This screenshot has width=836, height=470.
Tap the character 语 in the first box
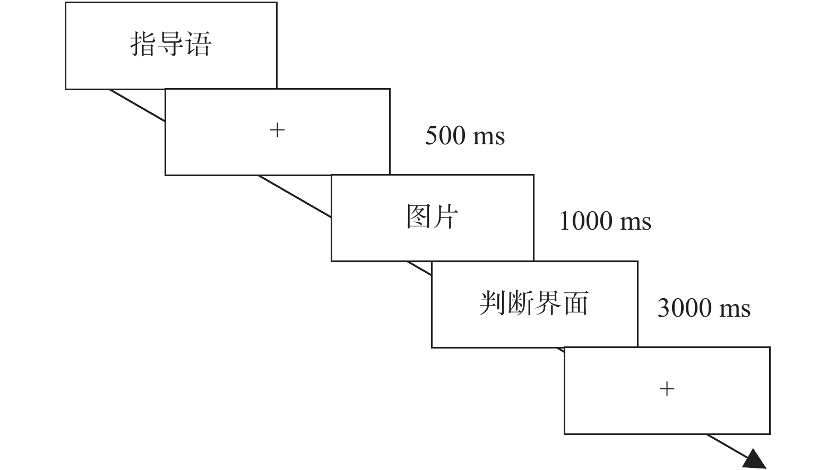[199, 44]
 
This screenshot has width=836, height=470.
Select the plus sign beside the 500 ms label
[278, 130]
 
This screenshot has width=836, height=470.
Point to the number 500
[445, 135]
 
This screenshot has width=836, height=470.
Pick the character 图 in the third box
[418, 216]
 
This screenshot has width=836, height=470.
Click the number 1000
[585, 221]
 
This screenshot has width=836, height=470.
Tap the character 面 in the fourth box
[575, 303]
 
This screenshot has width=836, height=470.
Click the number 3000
[684, 308]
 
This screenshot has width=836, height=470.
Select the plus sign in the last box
[667, 389]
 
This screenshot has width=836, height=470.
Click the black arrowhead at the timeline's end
[755, 459]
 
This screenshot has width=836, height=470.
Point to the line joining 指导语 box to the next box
[137, 106]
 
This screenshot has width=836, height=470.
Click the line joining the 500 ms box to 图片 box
[295, 196]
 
